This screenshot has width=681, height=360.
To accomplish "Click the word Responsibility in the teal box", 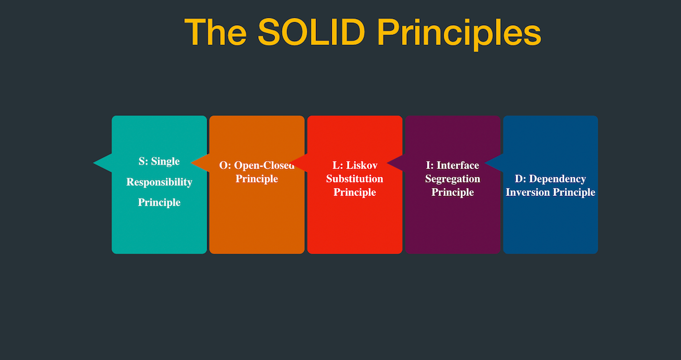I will click(159, 182).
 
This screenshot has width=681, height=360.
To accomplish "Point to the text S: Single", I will click(159, 162).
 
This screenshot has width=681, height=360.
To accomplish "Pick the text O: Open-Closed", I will click(257, 165).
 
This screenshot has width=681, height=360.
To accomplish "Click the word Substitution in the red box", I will click(355, 179).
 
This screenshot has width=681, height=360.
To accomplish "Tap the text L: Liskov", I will click(355, 165).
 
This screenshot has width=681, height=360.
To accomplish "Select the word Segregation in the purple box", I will click(452, 179).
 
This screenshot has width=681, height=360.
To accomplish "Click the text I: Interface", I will click(452, 165).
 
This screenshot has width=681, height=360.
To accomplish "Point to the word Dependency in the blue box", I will click(557, 179).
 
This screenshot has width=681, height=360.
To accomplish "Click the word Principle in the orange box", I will click(257, 179).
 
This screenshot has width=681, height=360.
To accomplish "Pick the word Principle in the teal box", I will click(159, 202).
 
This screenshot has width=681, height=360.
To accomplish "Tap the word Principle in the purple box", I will click(452, 192).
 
